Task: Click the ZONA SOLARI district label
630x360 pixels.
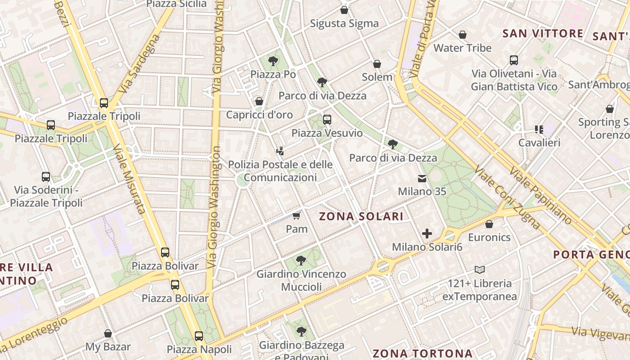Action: coord(361,216)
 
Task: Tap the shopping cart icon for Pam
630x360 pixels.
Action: coord(296,216)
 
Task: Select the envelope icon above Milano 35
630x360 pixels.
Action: coord(422,179)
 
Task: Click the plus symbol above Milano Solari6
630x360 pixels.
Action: coord(427,234)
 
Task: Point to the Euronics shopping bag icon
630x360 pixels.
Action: coord(489,224)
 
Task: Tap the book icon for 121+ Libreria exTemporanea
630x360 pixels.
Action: coord(480,270)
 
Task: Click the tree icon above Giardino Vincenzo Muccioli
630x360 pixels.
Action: coord(301,260)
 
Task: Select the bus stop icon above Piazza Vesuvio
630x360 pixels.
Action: coord(327,120)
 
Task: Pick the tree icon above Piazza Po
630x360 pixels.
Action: coord(273,61)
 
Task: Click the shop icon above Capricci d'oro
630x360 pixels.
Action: coord(259,101)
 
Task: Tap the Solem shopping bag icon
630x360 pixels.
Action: coord(377,64)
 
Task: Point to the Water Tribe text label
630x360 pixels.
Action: coord(462,48)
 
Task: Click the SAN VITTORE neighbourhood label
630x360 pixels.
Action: coord(543,34)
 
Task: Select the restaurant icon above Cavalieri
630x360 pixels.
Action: coord(539,130)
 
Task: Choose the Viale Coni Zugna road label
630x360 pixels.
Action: coord(506,197)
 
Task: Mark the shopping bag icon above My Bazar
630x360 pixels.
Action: coord(108,333)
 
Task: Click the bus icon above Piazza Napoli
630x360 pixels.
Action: coord(199,336)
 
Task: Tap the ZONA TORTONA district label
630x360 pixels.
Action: coord(423,353)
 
